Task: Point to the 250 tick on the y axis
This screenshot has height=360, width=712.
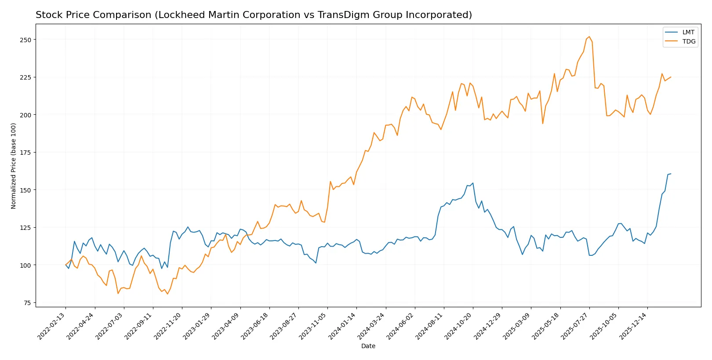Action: coord(25,40)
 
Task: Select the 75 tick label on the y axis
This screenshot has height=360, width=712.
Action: coord(27,303)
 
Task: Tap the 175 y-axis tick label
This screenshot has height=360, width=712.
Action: coord(25,153)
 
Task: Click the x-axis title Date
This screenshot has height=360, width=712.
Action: coord(368,346)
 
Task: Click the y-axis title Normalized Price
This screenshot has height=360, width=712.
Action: coord(14,166)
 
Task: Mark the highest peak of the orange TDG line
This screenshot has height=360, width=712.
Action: coord(589,37)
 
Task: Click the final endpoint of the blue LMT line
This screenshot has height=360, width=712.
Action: coord(671,174)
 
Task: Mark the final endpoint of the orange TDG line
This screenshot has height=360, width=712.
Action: coord(671,77)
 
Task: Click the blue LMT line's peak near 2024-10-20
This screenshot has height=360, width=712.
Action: coord(472,183)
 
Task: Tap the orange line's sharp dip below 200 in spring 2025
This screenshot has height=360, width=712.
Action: coord(543,124)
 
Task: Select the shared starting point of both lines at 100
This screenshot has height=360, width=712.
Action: coord(66,265)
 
